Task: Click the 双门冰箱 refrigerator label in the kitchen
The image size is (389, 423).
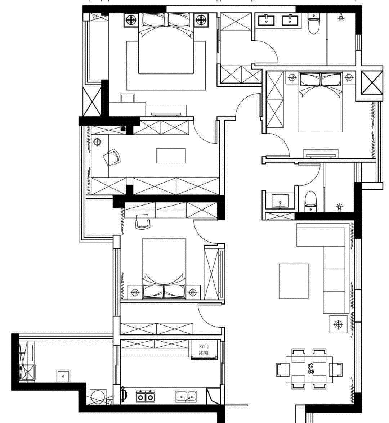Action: coord(204,349)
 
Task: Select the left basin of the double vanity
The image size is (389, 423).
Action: coord(267,20)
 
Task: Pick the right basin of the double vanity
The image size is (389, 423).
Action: coord(290,20)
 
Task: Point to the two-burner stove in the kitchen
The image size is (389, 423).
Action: coord(145,396)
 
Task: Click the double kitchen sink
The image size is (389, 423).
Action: coord(186,396)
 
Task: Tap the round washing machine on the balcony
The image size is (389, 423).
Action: coord(98,397)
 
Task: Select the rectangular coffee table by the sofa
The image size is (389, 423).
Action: coord(294,281)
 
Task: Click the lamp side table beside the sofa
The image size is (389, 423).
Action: coord(338,324)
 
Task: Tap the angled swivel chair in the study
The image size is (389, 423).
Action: coord(112,157)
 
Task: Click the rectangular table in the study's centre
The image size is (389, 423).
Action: coord(171,156)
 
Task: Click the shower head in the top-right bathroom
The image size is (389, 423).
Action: coord(341,18)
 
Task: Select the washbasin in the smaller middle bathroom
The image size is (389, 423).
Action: coord(280,201)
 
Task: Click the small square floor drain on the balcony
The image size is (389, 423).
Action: coord(63,376)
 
